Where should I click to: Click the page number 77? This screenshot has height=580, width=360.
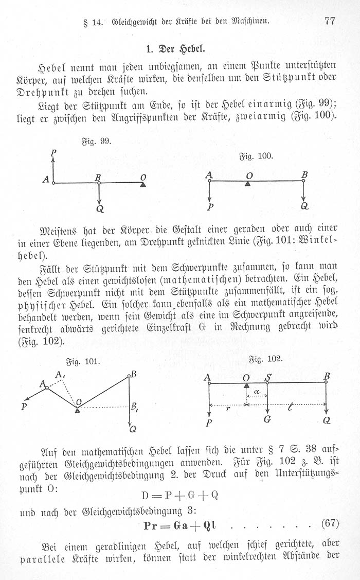tap(330, 21)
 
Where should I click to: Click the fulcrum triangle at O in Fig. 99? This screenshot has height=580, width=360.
tap(143, 184)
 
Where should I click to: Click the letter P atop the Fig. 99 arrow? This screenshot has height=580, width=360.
tap(53, 153)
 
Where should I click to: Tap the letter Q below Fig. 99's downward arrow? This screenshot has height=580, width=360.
tap(100, 209)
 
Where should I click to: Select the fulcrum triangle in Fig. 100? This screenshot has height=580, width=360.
tap(248, 184)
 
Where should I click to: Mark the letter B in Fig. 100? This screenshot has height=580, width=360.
tap(304, 174)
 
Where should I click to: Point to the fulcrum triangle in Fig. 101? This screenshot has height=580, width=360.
tap(77, 410)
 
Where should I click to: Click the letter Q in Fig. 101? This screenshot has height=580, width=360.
tap(133, 429)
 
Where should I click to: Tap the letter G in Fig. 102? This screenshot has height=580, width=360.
tap(267, 420)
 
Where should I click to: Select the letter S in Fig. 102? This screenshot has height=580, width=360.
tap(268, 377)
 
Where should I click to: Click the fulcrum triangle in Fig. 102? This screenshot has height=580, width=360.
tap(246, 385)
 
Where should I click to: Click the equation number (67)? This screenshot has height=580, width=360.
tap(330, 524)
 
